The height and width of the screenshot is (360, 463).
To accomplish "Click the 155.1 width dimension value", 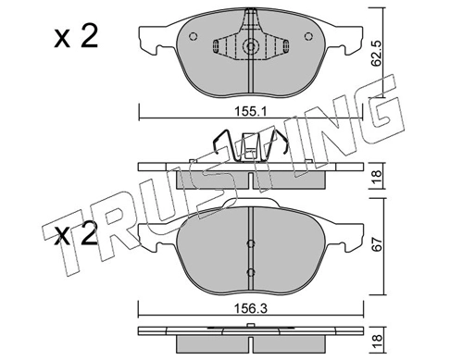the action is pos(251,111).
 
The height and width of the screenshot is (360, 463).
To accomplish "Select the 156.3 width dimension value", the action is pos(251,309).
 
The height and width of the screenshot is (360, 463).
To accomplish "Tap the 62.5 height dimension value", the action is pos(376,55).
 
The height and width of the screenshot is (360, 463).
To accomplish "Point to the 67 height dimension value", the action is pos(377,245).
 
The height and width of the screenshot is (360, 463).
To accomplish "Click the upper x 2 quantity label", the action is pos(76,37).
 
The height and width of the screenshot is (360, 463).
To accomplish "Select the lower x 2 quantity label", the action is pos(76,234).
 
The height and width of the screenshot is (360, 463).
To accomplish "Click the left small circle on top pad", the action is pos(193,36).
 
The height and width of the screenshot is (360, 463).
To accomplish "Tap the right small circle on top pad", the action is pos(308,36).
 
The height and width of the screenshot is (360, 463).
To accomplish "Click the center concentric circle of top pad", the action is pos(251,46).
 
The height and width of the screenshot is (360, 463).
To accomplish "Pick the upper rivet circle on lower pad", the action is pos(251,243).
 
